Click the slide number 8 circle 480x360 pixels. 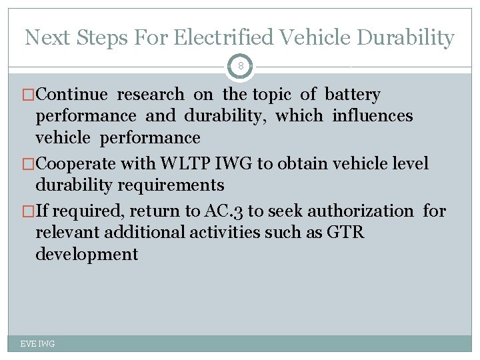240,67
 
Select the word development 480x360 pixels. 87,254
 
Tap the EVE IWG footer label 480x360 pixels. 37,343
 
